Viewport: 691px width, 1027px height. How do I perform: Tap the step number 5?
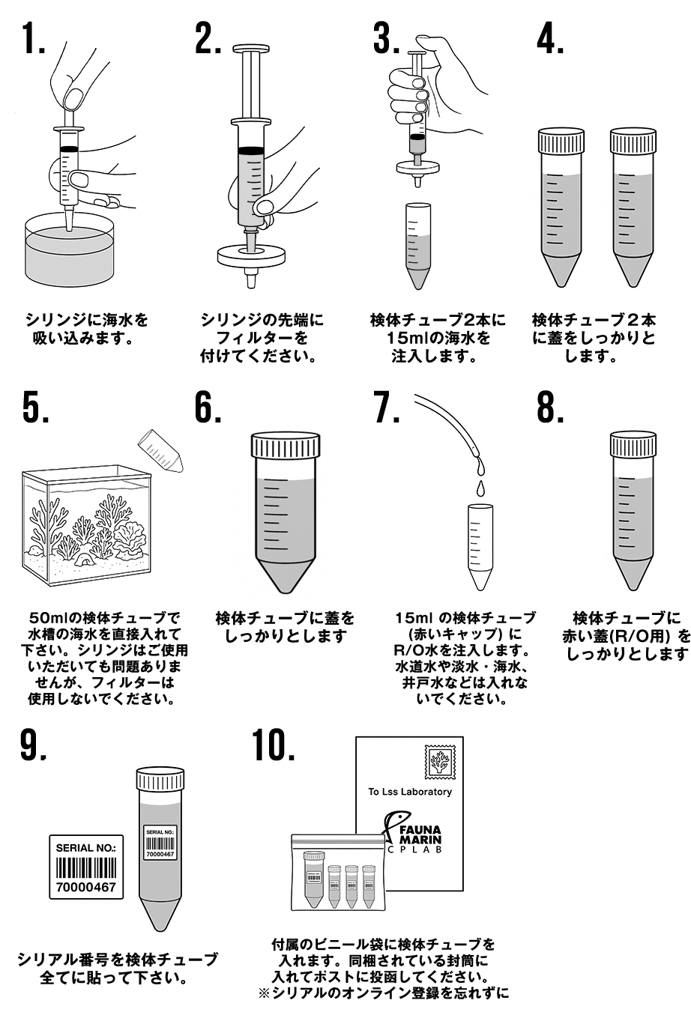click(35, 408)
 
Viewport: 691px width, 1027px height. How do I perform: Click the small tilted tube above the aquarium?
click(162, 449)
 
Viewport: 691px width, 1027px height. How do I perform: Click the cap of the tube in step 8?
click(633, 444)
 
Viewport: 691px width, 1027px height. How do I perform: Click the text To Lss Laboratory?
click(409, 792)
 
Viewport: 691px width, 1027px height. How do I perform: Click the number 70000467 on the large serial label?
click(86, 887)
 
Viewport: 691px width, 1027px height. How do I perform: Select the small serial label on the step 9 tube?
click(160, 843)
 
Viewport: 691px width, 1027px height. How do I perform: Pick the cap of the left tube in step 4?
click(561, 140)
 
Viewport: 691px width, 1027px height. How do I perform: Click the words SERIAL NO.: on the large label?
click(86, 848)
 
